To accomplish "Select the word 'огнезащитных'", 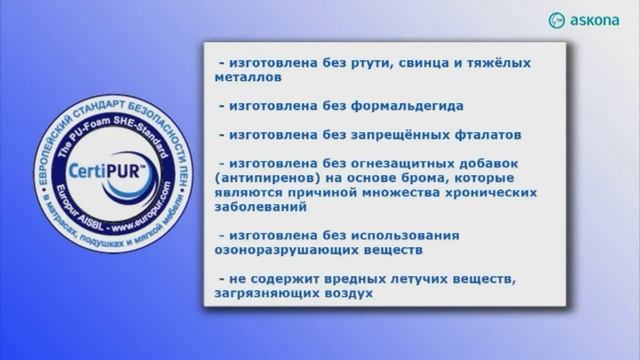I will (386, 162).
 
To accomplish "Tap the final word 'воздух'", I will (346, 294).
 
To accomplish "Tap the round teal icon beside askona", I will (557, 20).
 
